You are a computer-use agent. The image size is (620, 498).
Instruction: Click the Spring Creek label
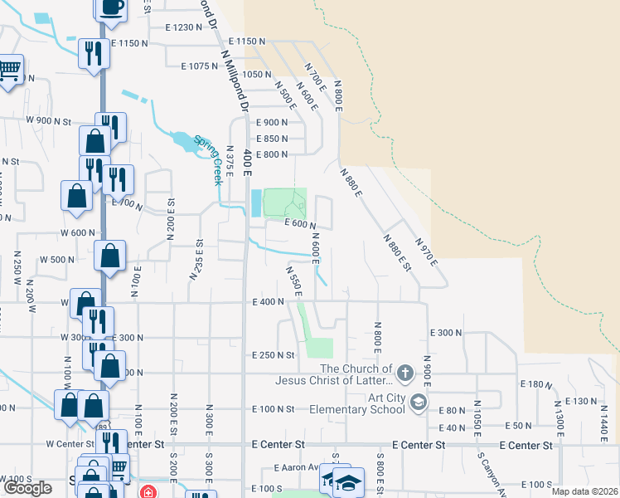coord(209,159)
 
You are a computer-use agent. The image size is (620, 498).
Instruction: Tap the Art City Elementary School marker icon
coord(419,403)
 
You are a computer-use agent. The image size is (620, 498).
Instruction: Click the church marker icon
coord(404,373)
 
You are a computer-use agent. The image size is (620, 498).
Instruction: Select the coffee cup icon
coord(111,7)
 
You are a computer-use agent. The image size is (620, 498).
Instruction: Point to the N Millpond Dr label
coord(235,80)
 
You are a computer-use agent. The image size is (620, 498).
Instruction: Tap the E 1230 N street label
coord(183,27)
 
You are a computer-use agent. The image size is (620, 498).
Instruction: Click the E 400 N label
coord(269,302)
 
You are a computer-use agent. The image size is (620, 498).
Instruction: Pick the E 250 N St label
coord(274,355)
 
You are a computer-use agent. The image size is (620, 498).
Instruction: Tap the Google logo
coord(27,488)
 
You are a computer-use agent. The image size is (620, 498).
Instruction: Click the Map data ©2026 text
coord(584,491)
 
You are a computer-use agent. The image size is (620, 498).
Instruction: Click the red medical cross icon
coord(148,492)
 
